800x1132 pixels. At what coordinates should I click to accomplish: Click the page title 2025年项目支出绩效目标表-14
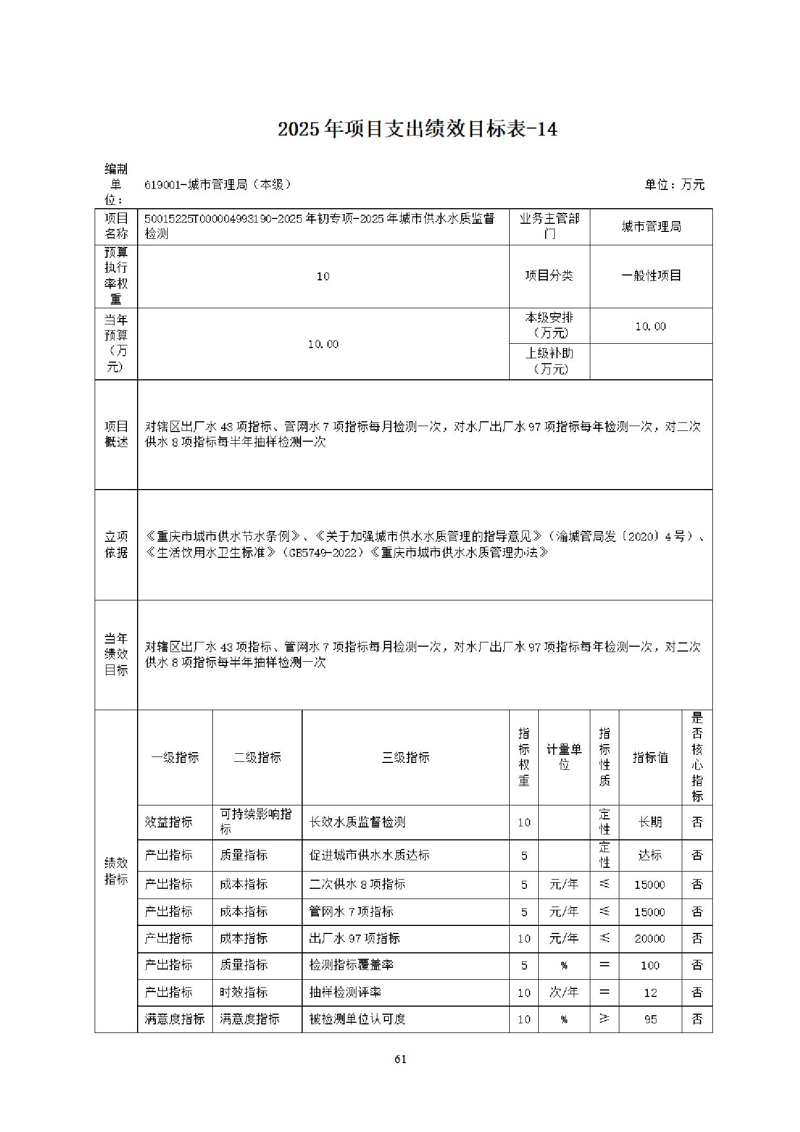[x=417, y=130]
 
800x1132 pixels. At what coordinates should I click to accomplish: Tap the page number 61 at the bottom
[x=400, y=1059]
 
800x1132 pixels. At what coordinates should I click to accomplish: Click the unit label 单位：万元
[x=674, y=185]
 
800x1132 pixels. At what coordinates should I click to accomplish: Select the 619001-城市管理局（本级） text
[x=218, y=185]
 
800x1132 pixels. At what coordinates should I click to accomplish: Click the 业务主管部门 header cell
[x=549, y=227]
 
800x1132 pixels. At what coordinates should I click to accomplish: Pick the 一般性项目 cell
[x=651, y=276]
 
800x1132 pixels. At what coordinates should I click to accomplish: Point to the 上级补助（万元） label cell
[x=549, y=361]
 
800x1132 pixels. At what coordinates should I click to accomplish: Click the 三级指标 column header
[x=405, y=758]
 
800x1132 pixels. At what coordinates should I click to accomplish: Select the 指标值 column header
[x=650, y=758]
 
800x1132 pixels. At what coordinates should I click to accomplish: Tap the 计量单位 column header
[x=563, y=757]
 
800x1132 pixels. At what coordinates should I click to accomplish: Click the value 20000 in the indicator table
[x=649, y=939]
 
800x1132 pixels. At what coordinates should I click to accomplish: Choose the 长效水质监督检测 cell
[x=357, y=822]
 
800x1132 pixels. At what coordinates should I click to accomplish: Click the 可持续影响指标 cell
[x=256, y=822]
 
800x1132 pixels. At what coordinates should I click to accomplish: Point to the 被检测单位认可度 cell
[x=357, y=1019]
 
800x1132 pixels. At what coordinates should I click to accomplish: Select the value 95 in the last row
[x=650, y=1020]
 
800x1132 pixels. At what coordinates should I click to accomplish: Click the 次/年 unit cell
[x=563, y=993]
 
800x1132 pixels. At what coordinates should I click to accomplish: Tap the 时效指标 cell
[x=244, y=993]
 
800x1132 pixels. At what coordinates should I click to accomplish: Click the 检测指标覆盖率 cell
[x=351, y=965]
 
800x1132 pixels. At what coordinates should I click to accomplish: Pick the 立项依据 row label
[x=116, y=544]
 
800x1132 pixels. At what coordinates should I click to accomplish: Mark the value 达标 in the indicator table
[x=649, y=855]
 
